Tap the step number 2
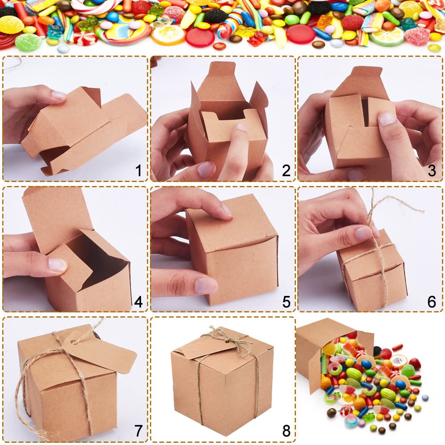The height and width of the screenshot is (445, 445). point(286,171)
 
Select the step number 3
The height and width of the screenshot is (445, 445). point(432,171)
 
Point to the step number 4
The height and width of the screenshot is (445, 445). point(138,302)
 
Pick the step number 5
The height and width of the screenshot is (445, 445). point(286,302)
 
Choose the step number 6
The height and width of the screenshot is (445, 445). point(432,302)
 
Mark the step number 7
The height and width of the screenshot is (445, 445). point(138,431)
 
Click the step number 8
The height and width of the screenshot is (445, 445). point(286,431)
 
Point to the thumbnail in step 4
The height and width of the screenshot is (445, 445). point(57,265)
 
